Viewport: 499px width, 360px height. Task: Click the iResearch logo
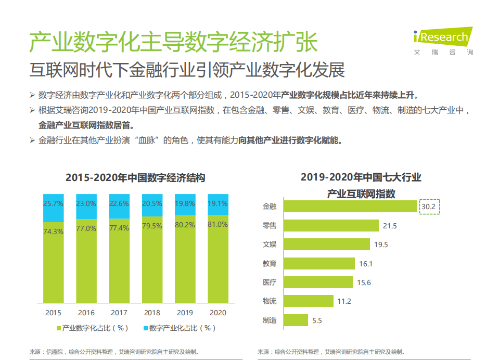point(443,40)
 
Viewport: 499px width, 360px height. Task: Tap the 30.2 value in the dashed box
point(430,207)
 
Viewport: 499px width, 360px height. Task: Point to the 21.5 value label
point(390,226)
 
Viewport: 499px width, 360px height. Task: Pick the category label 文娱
point(270,245)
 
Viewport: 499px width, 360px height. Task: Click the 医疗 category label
point(270,282)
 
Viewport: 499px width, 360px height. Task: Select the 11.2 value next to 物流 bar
point(344,301)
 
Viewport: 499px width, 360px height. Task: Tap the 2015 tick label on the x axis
point(53,313)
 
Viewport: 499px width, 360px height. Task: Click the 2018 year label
point(152,313)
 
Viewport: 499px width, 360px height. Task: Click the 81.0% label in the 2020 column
point(217,224)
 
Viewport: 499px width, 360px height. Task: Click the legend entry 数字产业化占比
point(178,328)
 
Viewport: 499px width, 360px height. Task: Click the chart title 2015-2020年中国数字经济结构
point(135,177)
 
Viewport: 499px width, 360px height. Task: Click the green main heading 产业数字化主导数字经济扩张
point(173,42)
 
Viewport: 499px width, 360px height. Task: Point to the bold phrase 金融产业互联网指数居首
point(86,125)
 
